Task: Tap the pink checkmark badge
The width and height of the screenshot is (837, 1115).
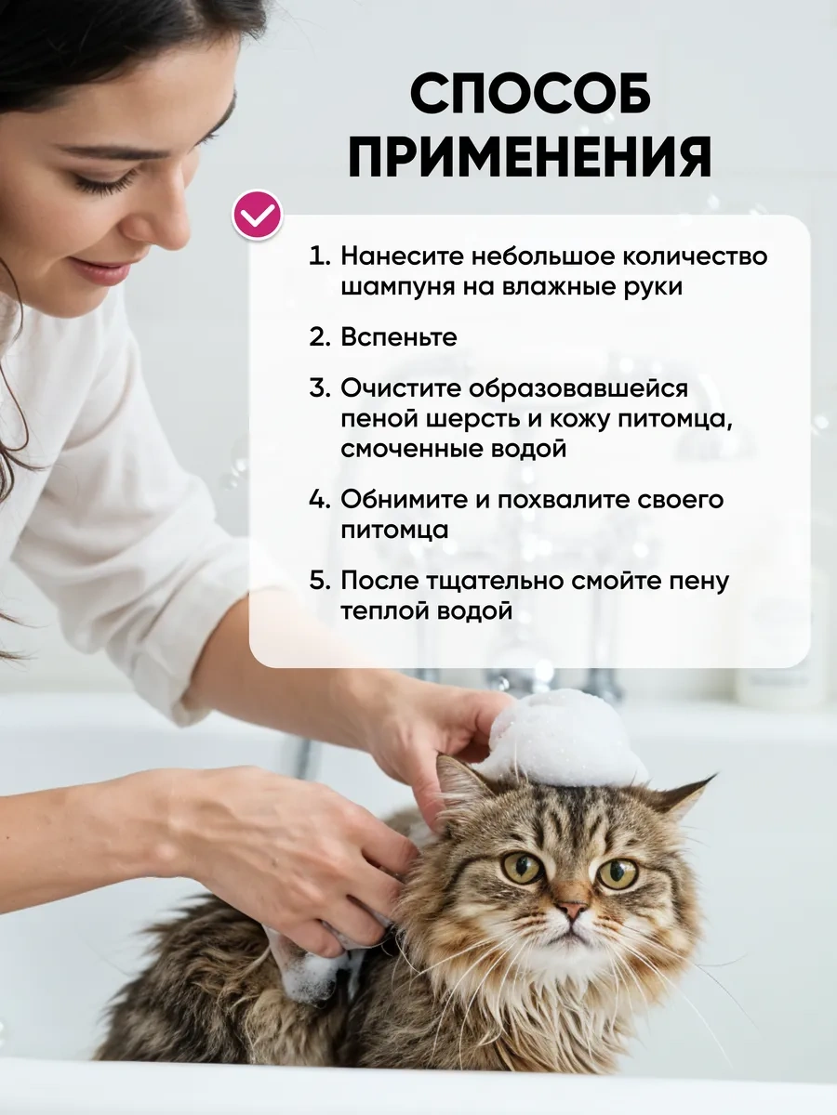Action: [x=258, y=216]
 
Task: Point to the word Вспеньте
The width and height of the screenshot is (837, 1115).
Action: [x=399, y=337]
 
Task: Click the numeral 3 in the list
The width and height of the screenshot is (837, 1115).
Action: [x=319, y=387]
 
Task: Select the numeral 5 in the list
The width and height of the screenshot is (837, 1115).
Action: [x=319, y=581]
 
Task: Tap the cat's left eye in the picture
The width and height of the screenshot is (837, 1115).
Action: [x=522, y=867]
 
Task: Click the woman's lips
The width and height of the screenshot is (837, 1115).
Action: [x=102, y=271]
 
